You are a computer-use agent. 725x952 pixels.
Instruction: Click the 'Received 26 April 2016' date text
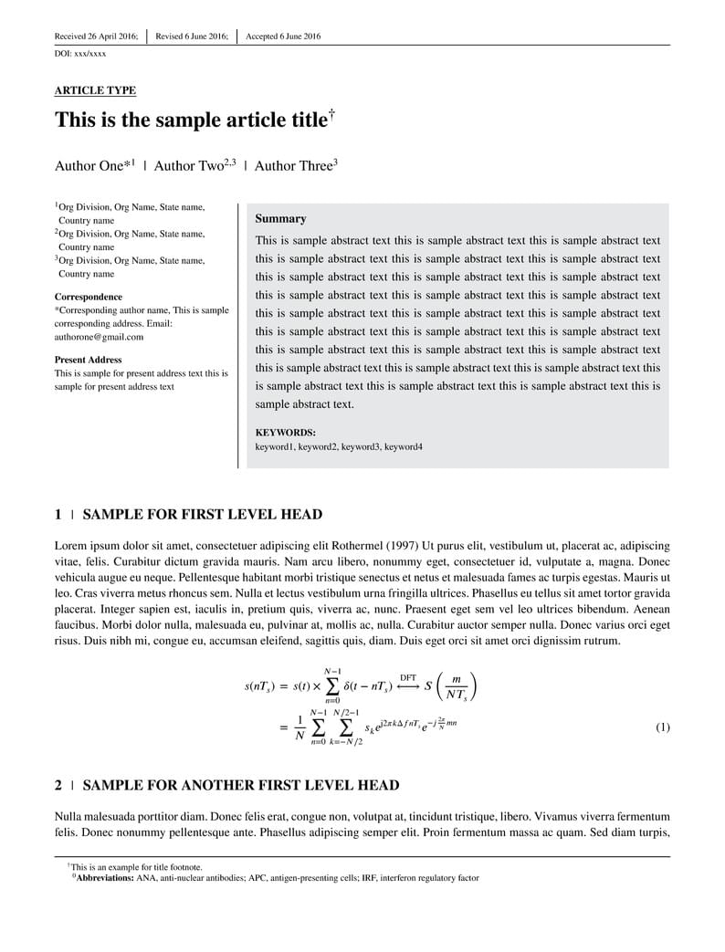(x=96, y=37)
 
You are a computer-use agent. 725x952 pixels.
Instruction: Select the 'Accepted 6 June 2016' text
(x=283, y=37)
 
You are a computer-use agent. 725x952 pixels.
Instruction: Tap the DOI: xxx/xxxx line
(x=80, y=55)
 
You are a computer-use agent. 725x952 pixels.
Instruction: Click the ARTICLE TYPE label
(x=95, y=90)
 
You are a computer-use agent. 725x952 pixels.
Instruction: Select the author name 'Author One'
(x=89, y=166)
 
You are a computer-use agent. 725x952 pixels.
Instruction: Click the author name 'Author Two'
(x=188, y=166)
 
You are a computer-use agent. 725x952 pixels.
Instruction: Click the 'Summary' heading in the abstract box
(x=280, y=219)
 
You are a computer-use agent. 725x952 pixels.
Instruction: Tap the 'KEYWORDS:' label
(x=285, y=433)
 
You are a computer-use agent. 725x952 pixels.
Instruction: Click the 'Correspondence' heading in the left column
(x=88, y=297)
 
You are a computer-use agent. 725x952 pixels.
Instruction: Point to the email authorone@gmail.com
(x=99, y=337)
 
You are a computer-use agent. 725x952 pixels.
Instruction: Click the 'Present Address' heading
(x=88, y=360)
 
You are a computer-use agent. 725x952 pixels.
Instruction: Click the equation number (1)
(x=663, y=727)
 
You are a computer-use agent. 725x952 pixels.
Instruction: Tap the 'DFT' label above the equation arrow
(x=408, y=678)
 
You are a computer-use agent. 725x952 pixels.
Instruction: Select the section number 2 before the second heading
(x=58, y=785)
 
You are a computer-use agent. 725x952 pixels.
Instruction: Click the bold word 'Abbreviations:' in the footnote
(x=105, y=878)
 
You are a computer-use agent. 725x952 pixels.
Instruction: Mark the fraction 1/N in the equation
(x=299, y=727)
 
